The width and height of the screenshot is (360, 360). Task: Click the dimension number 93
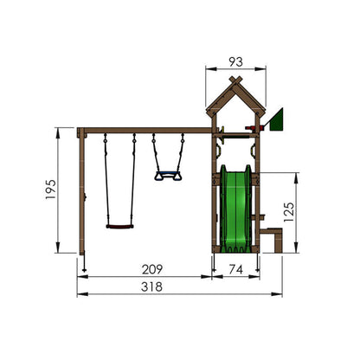(x=235, y=61)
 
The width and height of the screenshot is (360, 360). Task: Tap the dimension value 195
(x=51, y=190)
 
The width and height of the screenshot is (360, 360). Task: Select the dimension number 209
(x=152, y=269)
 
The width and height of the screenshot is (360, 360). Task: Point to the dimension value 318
(x=151, y=287)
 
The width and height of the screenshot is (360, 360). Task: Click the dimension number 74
(x=235, y=269)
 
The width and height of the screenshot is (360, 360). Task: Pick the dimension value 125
(x=289, y=212)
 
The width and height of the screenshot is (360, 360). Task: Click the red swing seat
(x=119, y=227)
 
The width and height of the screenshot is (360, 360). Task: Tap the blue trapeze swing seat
(x=168, y=176)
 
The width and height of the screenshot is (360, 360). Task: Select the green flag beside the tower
(x=277, y=119)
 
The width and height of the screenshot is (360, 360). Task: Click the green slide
(x=236, y=209)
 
